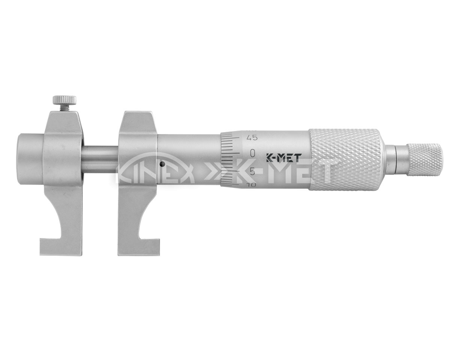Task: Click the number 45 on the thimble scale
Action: pyautogui.click(x=252, y=138)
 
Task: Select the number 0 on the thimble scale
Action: pyautogui.click(x=253, y=153)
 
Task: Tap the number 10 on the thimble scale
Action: pyautogui.click(x=251, y=185)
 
